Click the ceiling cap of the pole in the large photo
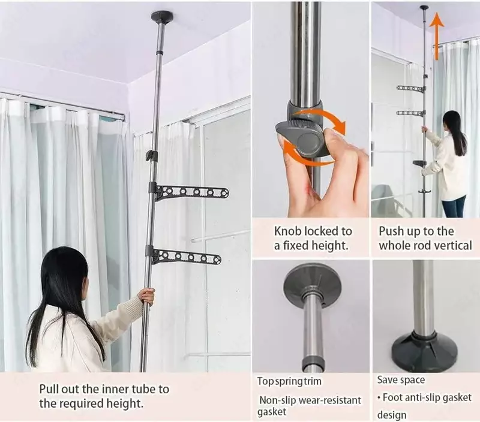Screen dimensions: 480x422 (x=162, y=16)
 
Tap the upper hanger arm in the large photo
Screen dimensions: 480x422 (x=190, y=192)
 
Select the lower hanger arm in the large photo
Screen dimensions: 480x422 (x=185, y=257)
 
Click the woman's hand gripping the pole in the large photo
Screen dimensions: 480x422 (x=146, y=296)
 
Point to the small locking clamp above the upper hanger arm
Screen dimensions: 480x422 (x=151, y=155)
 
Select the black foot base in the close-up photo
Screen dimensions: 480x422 (x=424, y=352)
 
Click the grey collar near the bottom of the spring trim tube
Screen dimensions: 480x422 (x=313, y=364)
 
